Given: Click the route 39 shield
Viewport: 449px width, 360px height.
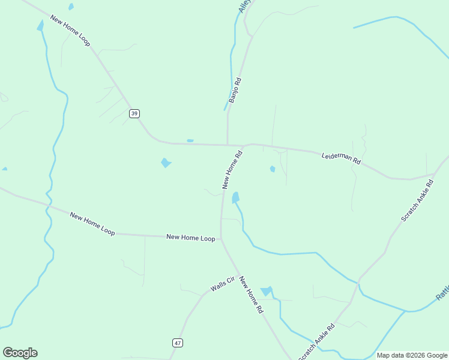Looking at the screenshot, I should [x=134, y=113].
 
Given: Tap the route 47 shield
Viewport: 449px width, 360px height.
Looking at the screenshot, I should [x=177, y=343].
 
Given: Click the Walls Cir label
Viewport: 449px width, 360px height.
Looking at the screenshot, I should [x=221, y=284].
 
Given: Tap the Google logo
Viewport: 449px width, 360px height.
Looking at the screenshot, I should [x=20, y=353].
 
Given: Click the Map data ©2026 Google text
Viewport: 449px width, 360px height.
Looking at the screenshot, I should [x=412, y=355].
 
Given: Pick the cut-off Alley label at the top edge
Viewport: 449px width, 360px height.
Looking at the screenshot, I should [x=243, y=6].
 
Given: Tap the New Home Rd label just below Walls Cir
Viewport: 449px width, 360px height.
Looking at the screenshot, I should [x=251, y=295].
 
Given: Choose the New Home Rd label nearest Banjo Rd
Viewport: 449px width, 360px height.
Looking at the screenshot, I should [x=232, y=170].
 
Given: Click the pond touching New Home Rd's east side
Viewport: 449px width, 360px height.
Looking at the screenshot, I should [x=236, y=197].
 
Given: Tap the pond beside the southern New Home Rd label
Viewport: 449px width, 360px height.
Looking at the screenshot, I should [x=267, y=291].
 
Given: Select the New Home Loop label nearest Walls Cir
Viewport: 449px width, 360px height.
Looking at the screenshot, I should [x=190, y=238].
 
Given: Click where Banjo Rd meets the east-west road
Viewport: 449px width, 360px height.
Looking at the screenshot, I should [x=228, y=145].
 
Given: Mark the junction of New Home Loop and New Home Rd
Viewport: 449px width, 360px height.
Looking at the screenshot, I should [x=221, y=239].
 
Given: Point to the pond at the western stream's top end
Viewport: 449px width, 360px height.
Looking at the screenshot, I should [x=40, y=25].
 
